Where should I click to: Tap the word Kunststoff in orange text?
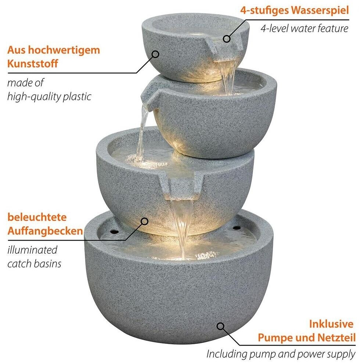[x=33, y=64]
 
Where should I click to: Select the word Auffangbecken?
[x=45, y=231]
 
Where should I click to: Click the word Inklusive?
[x=331, y=324]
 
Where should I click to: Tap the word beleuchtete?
[x=37, y=217]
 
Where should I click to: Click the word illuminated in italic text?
[x=32, y=250]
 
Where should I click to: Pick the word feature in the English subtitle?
[x=333, y=29]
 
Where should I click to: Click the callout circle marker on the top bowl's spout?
[x=227, y=39]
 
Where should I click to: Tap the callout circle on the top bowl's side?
[x=155, y=54]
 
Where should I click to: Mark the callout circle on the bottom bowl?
[x=221, y=326]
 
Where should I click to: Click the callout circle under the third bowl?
[x=145, y=221]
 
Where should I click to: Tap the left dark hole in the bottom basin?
[x=114, y=231]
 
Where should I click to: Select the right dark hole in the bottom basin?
[x=237, y=228]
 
